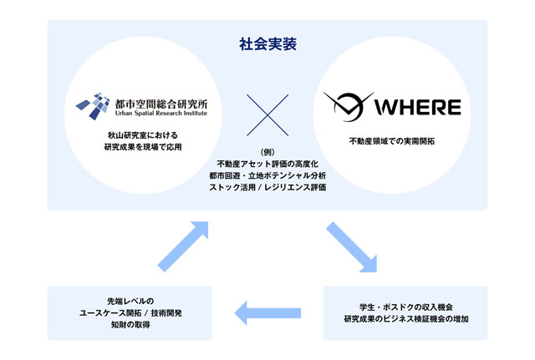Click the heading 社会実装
click(267, 44)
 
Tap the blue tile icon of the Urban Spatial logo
click(93, 106)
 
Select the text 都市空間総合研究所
click(161, 104)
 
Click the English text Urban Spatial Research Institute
click(161, 114)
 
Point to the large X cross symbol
click(267, 115)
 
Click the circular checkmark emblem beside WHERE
click(348, 106)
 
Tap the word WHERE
click(418, 107)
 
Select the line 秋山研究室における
click(143, 135)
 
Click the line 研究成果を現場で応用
click(143, 147)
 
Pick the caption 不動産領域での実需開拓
click(392, 141)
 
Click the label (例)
click(267, 152)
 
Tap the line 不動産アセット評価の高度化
click(267, 164)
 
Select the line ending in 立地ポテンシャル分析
click(267, 175)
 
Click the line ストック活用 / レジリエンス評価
click(267, 187)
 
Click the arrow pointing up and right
click(183, 246)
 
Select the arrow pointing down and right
click(351, 247)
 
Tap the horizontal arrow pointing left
click(267, 313)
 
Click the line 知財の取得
click(130, 325)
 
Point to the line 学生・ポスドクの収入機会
click(406, 307)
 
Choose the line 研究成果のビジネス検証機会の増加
click(406, 319)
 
